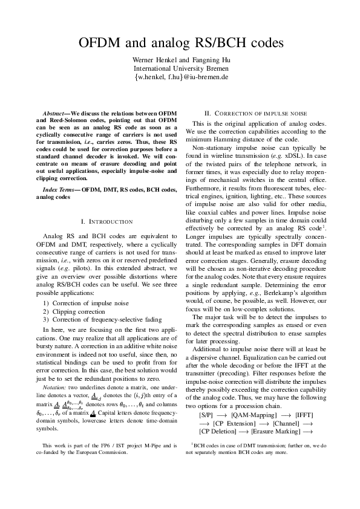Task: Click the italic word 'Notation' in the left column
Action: (x=54, y=386)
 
